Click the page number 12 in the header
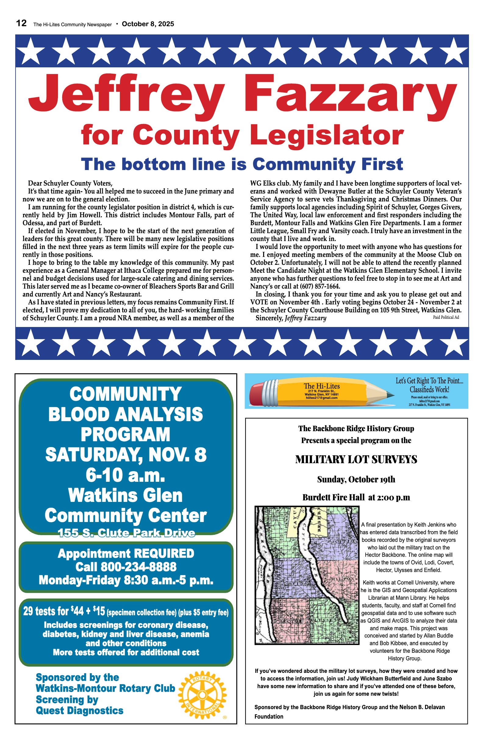click(21, 23)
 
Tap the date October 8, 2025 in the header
click(148, 24)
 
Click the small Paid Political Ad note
click(446, 317)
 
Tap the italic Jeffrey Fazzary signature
click(305, 318)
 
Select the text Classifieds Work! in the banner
click(429, 390)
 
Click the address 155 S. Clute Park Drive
click(126, 533)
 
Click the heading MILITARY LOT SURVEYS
click(356, 460)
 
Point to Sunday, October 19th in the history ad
click(356, 480)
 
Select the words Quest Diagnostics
click(80, 710)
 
